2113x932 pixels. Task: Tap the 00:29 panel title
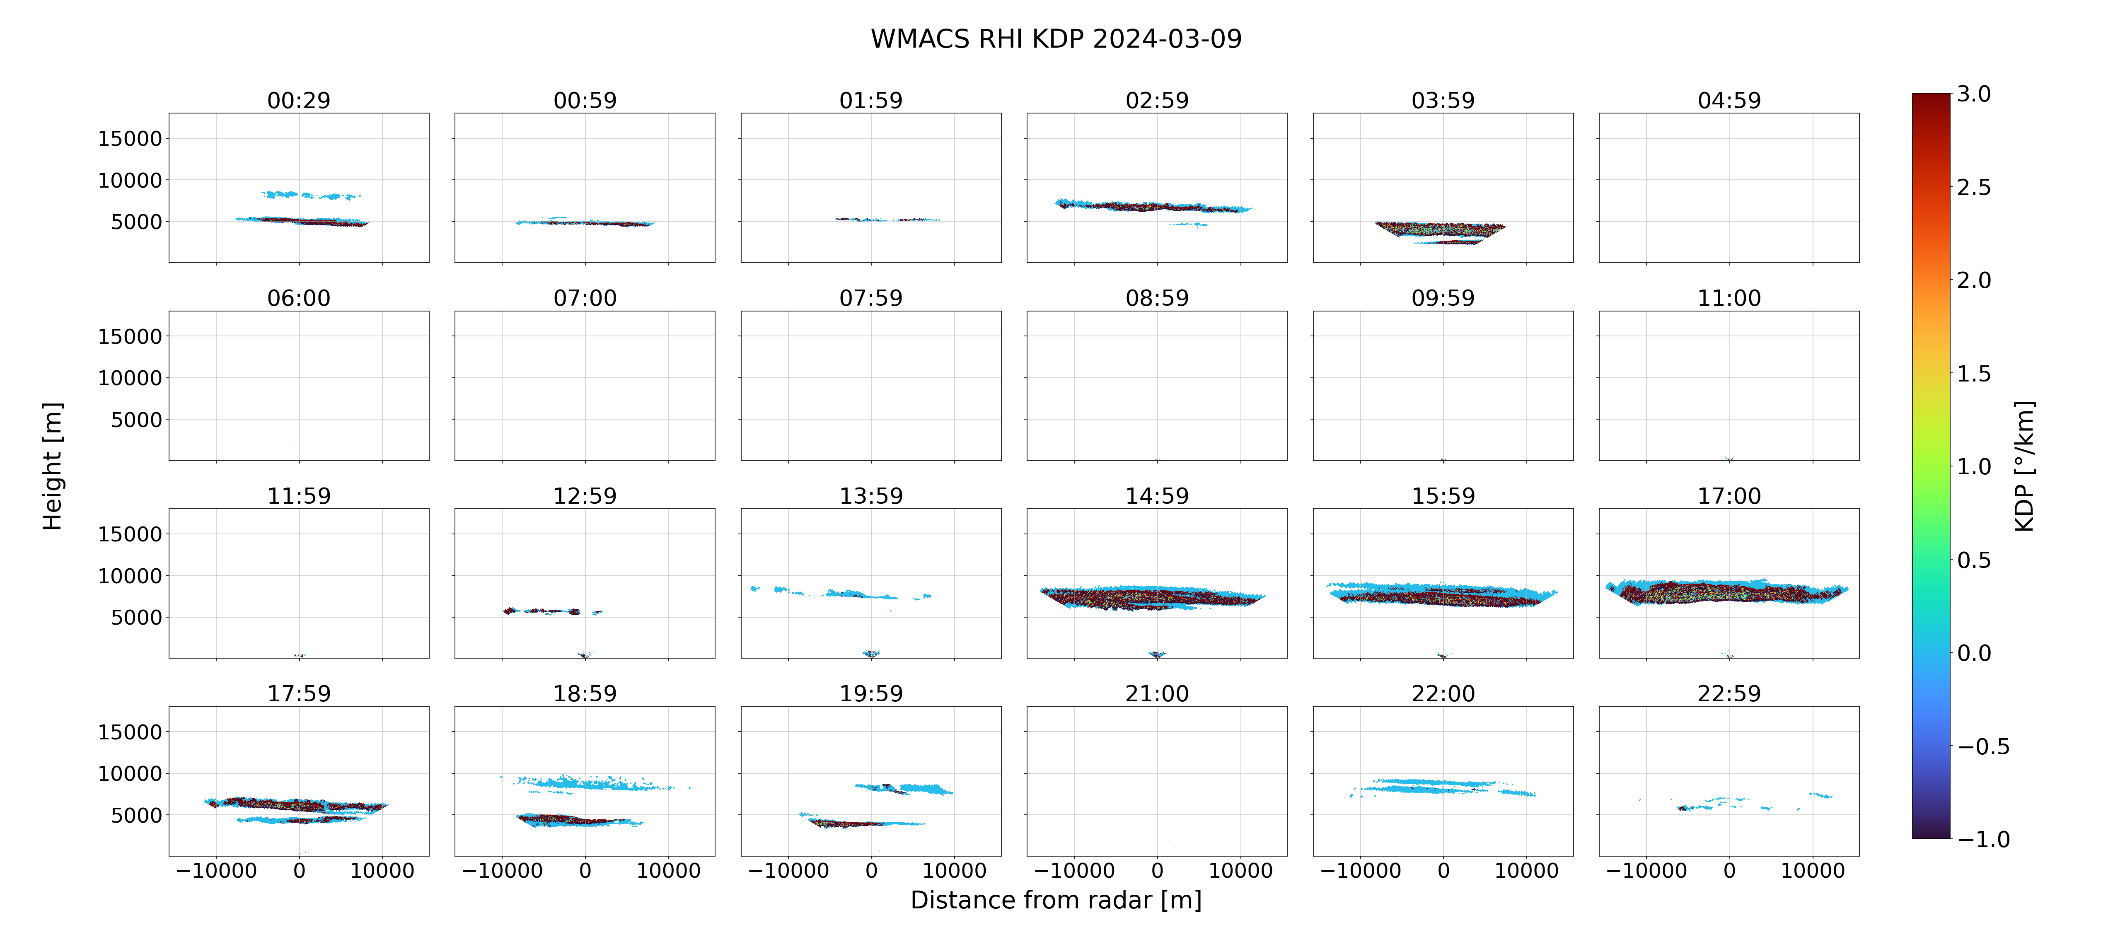[299, 100]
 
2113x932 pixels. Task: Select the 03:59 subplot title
[1443, 100]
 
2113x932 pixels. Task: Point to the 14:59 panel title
[1157, 495]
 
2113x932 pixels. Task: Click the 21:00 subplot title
[1157, 693]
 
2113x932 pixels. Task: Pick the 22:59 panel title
[1729, 693]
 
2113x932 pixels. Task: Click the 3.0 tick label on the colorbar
[1973, 94]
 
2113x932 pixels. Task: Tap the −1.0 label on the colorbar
[1983, 838]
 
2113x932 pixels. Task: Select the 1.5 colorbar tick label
[1973, 373]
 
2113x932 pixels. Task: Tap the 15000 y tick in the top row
[130, 139]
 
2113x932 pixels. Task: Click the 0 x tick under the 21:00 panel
[1158, 870]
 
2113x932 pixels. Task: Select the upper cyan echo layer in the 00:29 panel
[310, 195]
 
